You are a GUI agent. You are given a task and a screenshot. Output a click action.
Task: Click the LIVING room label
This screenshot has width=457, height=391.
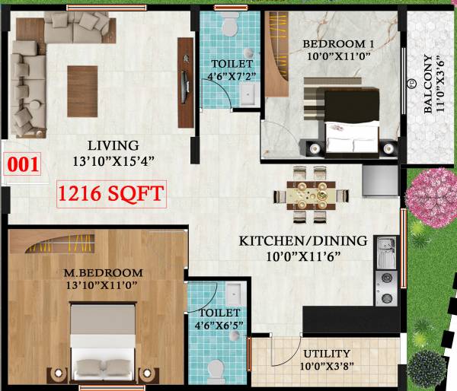pos(113,145)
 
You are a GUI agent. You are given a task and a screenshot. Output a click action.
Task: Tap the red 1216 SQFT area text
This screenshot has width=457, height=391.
pos(111,194)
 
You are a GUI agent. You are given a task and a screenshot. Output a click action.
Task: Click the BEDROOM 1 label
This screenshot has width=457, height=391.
pos(332,43)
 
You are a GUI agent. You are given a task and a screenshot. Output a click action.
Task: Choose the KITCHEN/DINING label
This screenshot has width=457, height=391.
pos(303,241)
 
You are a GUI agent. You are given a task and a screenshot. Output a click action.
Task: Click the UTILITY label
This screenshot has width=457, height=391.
pos(326,354)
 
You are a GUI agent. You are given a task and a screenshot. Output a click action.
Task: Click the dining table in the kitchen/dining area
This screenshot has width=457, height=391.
pos(310,194)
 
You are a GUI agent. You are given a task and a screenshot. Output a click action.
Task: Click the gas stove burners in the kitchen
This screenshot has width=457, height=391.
pos(385,289)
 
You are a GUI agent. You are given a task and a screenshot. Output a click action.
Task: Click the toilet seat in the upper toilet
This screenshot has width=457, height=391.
pos(226,27)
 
